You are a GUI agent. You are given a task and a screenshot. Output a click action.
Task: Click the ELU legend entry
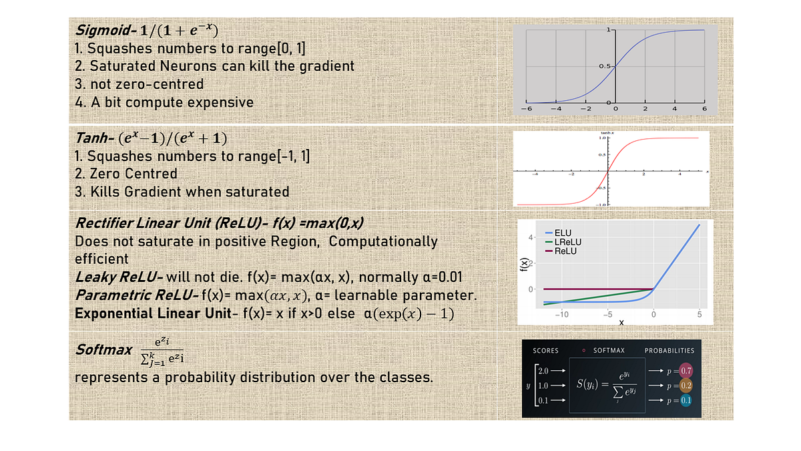pyautogui.click(x=563, y=233)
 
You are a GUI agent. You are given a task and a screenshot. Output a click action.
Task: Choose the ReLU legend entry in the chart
pyautogui.click(x=565, y=251)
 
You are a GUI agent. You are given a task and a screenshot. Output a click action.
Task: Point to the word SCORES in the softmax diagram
pyautogui.click(x=546, y=351)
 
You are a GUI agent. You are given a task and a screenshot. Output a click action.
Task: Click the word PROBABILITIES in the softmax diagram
pyautogui.click(x=669, y=351)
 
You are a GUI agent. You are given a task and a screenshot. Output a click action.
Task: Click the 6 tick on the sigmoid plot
pyautogui.click(x=704, y=108)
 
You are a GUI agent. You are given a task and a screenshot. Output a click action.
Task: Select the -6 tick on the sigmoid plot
pyautogui.click(x=526, y=108)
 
